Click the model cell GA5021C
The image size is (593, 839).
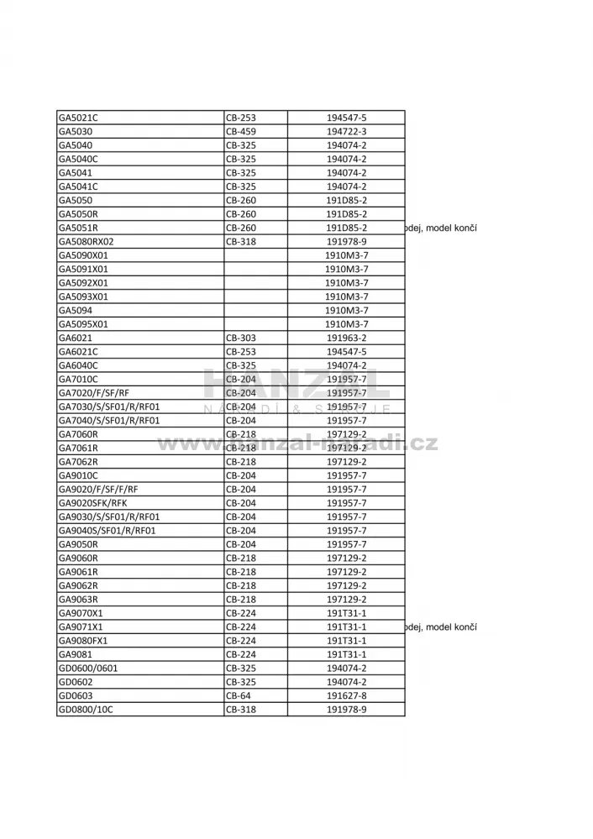coord(78,118)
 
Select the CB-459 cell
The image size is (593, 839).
coord(241,131)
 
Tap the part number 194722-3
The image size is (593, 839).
coord(346,131)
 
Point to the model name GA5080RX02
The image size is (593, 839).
coord(86,242)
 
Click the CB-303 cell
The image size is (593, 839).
coord(241,338)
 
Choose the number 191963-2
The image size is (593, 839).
coord(346,338)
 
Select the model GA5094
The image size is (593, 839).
coord(75,310)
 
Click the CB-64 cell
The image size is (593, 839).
coord(239,695)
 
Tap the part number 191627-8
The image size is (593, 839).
coord(346,695)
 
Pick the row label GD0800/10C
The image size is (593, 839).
coord(86,710)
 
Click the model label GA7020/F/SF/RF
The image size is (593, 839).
coord(94,393)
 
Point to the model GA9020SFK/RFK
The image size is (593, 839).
coord(92,503)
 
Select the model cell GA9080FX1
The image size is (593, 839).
coord(83,641)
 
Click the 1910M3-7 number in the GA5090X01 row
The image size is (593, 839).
coord(346,255)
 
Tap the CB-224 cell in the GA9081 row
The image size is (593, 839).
coord(241,654)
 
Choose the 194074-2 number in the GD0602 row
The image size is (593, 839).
coord(346,682)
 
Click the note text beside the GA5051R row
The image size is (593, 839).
coord(441,228)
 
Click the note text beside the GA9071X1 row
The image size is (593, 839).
coord(441,627)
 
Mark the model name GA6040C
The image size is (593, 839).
coord(78,365)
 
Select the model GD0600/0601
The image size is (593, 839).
coord(88,669)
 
